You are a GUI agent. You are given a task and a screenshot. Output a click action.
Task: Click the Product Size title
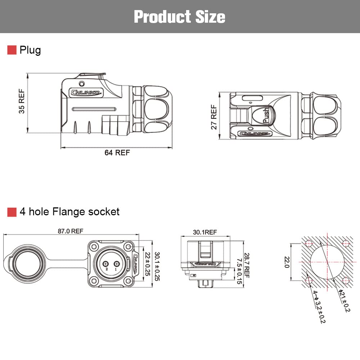tap(180, 17)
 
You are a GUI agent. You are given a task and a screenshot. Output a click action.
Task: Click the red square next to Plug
tap(12, 50)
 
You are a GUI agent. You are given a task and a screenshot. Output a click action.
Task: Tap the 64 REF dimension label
tap(117, 153)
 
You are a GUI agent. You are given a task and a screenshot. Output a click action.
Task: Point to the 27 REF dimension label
tap(214, 117)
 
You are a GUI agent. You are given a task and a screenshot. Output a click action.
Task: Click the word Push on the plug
tap(266, 116)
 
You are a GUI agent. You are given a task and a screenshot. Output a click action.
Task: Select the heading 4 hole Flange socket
tap(69, 212)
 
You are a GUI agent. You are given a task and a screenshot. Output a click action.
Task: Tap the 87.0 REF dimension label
tap(71, 231)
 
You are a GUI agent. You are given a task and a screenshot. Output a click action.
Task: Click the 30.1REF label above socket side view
tap(204, 232)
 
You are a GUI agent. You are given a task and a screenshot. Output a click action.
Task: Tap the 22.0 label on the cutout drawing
tap(286, 262)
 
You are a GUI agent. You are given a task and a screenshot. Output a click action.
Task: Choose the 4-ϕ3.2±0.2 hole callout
tap(319, 306)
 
